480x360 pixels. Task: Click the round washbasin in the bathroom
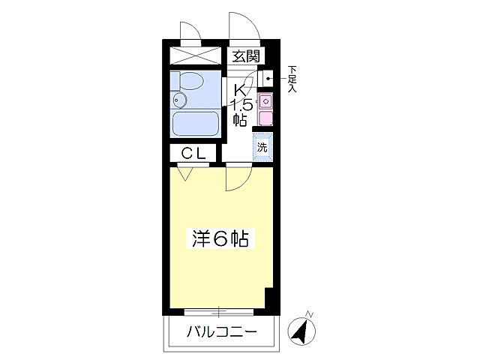179,99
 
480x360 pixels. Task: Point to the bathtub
195,123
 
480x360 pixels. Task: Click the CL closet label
193,153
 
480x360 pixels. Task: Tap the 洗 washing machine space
262,147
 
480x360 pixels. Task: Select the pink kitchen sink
264,102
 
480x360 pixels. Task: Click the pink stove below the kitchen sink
265,118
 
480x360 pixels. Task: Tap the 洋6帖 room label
218,239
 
